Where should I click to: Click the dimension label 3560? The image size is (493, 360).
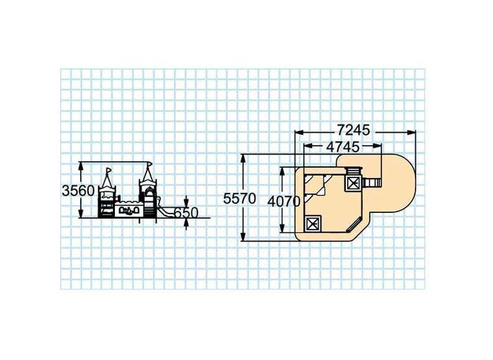[78, 191]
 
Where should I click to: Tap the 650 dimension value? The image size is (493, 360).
[186, 213]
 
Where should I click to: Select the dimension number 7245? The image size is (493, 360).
[354, 130]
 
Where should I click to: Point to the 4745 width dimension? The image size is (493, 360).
[343, 147]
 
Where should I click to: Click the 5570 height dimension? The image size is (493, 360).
[240, 199]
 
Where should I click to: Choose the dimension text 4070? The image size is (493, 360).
[284, 202]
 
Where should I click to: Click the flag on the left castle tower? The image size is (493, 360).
[109, 170]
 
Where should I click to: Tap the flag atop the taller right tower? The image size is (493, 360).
[150, 164]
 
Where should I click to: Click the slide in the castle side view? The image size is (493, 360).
[165, 210]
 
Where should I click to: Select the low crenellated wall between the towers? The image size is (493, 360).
[129, 209]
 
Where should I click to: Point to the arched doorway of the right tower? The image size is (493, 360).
[150, 204]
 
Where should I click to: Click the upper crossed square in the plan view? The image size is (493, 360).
[353, 183]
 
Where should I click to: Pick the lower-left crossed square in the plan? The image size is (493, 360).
[313, 224]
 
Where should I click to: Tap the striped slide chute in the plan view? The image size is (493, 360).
[372, 182]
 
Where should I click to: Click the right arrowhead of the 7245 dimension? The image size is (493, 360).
[411, 133]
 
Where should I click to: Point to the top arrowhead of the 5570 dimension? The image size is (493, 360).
[243, 158]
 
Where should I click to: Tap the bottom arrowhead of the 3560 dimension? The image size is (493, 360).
[81, 213]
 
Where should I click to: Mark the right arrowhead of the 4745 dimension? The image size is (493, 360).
[377, 146]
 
